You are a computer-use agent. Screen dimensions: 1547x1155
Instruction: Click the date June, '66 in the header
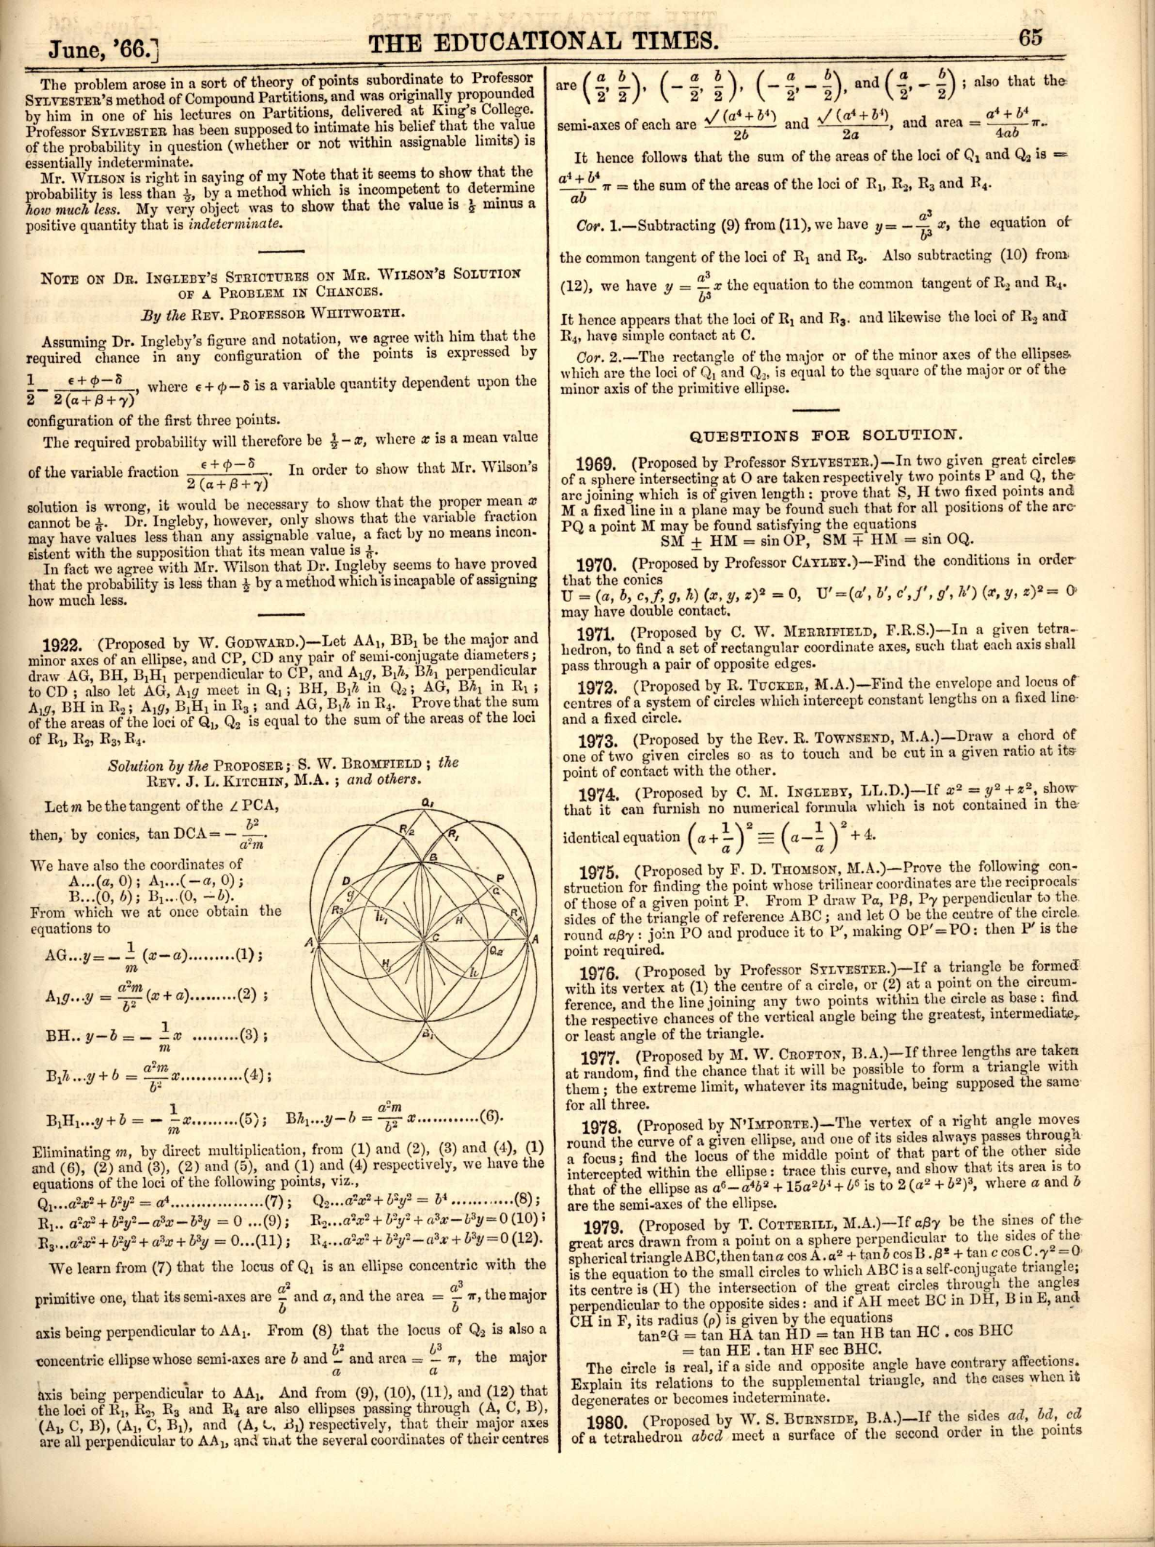click(103, 49)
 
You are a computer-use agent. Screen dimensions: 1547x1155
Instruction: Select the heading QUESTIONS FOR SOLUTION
click(825, 436)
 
